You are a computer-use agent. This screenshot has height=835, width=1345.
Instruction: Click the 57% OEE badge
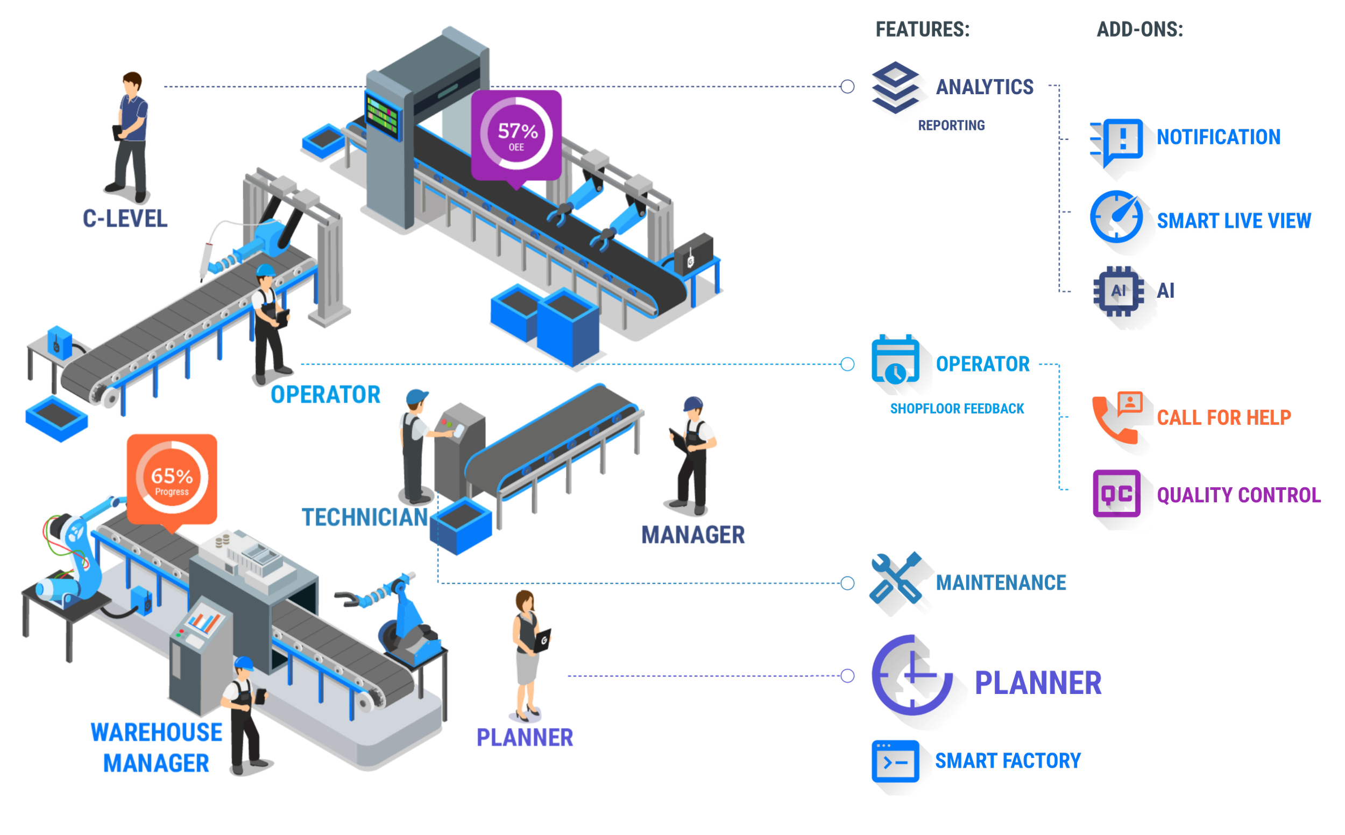pos(516,135)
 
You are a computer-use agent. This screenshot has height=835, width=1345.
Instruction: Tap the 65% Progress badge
pos(172,478)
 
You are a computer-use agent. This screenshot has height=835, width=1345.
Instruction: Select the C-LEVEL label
pos(125,219)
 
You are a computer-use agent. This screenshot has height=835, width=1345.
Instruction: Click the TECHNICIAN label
pos(366,517)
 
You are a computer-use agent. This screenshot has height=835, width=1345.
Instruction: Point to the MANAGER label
pos(693,535)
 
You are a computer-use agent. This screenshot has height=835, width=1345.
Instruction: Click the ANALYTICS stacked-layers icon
pos(895,88)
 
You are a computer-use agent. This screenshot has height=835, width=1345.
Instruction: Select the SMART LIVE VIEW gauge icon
pos(1116,216)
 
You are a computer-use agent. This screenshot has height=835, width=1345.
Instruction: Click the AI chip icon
pos(1119,291)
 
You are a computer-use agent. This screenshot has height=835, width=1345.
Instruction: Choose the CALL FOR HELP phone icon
pos(1117,416)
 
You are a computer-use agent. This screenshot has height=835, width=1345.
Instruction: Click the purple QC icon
pos(1116,494)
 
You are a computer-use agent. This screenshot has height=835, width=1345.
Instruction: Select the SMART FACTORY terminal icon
pos(895,762)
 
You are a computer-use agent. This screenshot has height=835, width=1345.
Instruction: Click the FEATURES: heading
pos(922,30)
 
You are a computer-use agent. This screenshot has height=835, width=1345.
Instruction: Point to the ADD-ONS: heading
pos(1139,30)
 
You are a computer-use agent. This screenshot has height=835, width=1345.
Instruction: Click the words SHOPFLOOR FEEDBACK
pos(957,409)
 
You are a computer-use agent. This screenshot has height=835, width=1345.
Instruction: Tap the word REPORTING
pos(952,126)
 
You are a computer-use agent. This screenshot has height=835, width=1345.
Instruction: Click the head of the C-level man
pos(132,83)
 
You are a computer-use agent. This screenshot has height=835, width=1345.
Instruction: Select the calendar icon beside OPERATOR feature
pos(895,360)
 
